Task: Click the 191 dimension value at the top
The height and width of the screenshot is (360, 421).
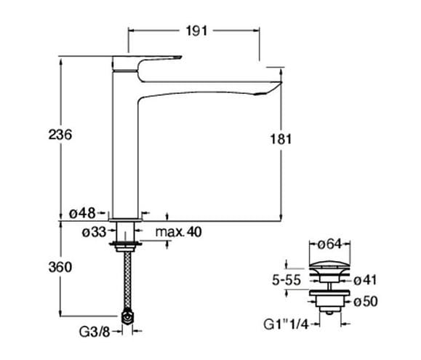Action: coord(197,31)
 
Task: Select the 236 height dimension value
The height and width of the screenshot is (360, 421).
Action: coord(60,135)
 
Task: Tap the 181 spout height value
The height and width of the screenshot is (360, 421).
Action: coord(281,139)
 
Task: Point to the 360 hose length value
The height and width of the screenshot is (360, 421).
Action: coord(60,267)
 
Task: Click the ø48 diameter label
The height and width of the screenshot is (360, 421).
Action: coord(82,213)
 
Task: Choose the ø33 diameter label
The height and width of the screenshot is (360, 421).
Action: coord(94,232)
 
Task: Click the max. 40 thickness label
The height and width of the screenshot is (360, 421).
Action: coord(179,232)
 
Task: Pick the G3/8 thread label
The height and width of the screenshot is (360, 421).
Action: coord(95,332)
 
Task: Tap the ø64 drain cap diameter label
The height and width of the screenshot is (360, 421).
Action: coord(329,244)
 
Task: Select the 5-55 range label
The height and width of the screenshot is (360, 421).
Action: coord(286,280)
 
